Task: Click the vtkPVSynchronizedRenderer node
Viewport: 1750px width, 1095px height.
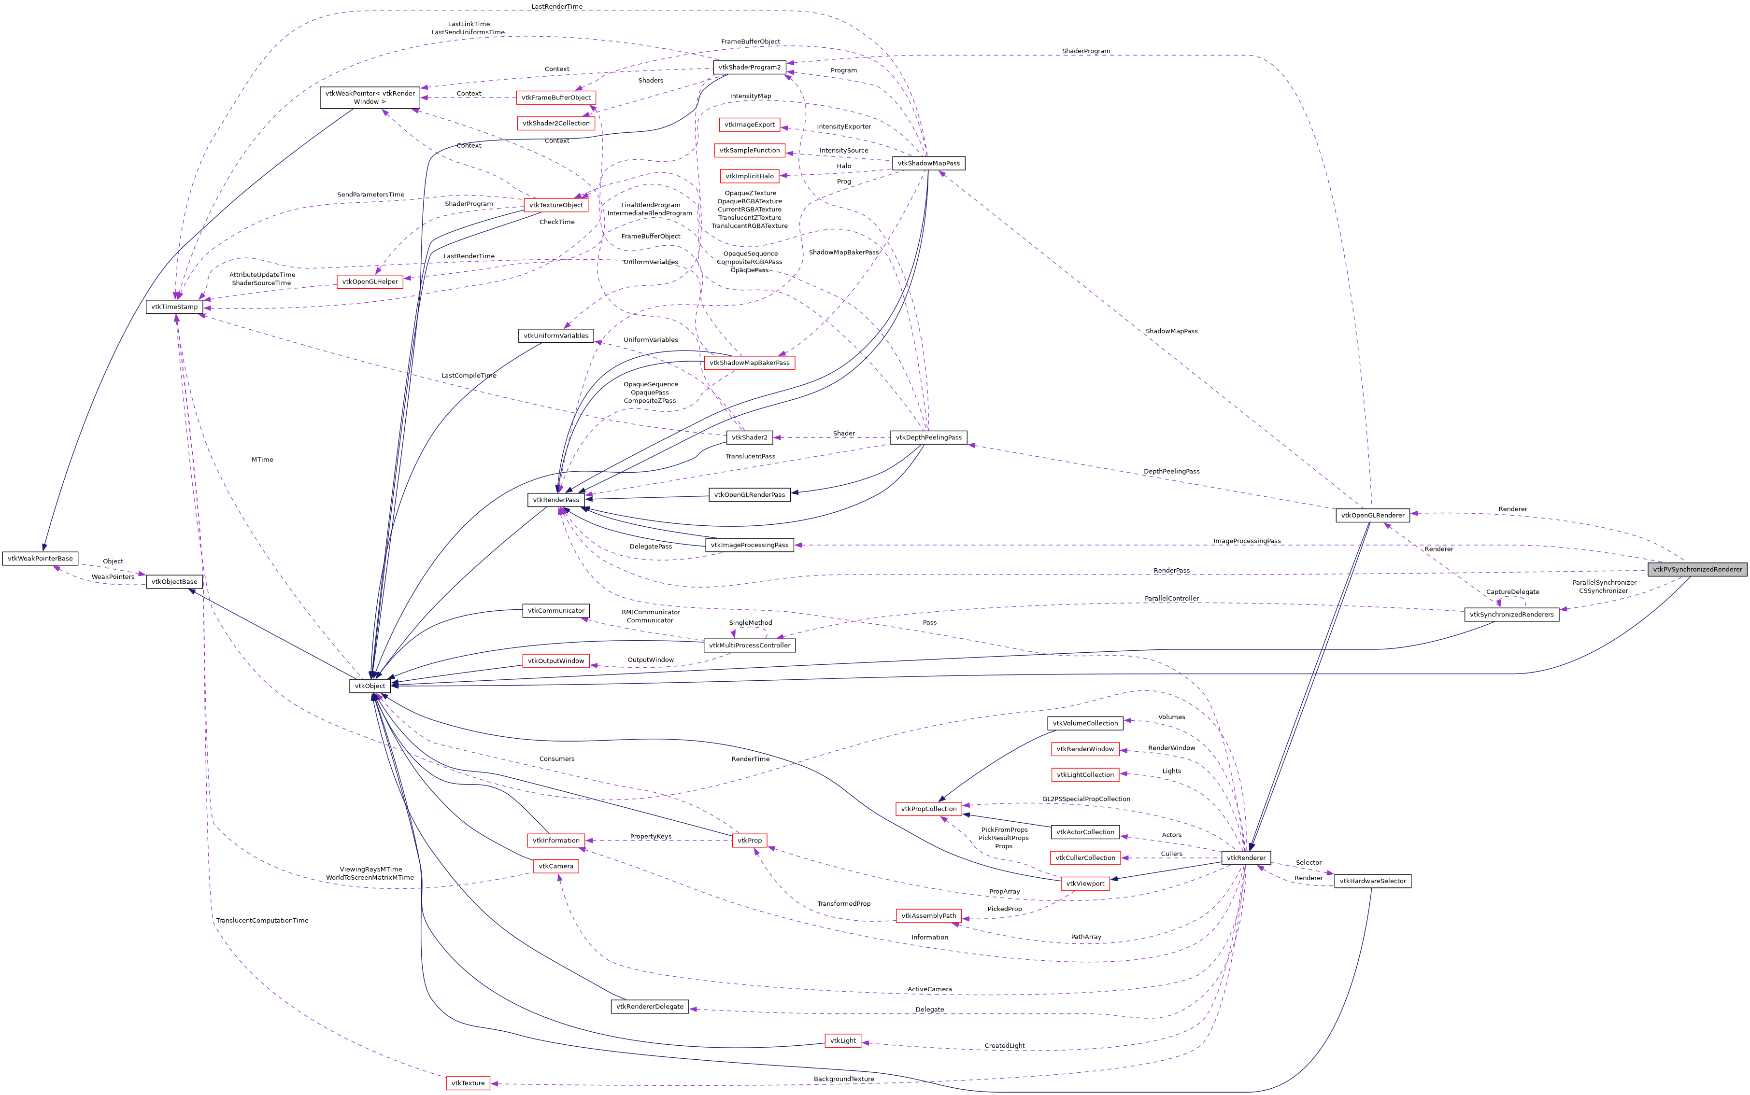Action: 1696,569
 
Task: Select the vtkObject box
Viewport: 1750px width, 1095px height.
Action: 370,686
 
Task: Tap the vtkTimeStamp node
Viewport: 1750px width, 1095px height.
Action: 174,307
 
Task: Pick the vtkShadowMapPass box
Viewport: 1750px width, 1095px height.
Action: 928,164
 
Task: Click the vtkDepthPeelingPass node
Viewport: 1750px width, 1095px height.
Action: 928,437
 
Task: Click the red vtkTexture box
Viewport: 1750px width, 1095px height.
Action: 468,1083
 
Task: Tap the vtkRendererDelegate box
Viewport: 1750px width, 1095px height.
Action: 650,1007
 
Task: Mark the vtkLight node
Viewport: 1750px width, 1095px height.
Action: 842,1041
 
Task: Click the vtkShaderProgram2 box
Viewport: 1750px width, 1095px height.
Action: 749,68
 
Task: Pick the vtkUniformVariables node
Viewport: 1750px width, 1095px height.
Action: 555,336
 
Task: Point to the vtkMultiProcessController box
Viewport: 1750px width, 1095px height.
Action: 749,645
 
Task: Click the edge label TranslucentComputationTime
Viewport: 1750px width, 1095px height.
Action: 262,920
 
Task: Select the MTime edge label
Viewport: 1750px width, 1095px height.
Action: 262,460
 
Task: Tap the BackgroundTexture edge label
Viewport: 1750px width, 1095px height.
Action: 843,1079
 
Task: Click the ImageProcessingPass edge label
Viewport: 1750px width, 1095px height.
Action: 1247,541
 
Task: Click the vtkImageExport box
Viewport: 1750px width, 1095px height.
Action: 749,125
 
